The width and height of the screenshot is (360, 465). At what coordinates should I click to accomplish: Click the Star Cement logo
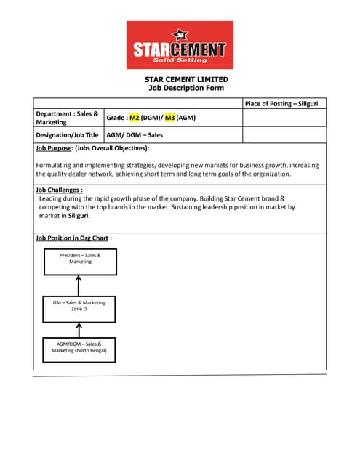point(180,45)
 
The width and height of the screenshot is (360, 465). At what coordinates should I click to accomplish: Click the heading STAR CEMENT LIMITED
point(185,79)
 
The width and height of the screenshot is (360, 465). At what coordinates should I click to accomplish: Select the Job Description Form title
point(185,88)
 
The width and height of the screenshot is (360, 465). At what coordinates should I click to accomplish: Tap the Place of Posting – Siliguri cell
point(284,104)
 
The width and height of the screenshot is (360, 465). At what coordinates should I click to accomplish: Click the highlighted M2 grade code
point(134,118)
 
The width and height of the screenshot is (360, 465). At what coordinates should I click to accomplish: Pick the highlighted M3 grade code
point(169,118)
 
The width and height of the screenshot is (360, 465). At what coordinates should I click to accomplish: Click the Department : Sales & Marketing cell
point(68,118)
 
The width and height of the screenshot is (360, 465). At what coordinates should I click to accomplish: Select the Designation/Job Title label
point(67,135)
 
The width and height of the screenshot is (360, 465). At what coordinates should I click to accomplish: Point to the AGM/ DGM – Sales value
point(135,135)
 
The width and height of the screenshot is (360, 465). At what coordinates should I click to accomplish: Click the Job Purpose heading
point(92,148)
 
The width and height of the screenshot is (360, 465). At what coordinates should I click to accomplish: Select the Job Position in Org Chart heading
point(73,238)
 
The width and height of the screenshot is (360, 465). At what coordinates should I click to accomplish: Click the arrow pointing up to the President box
point(79,284)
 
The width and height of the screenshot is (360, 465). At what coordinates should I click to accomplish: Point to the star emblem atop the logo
point(180,33)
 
